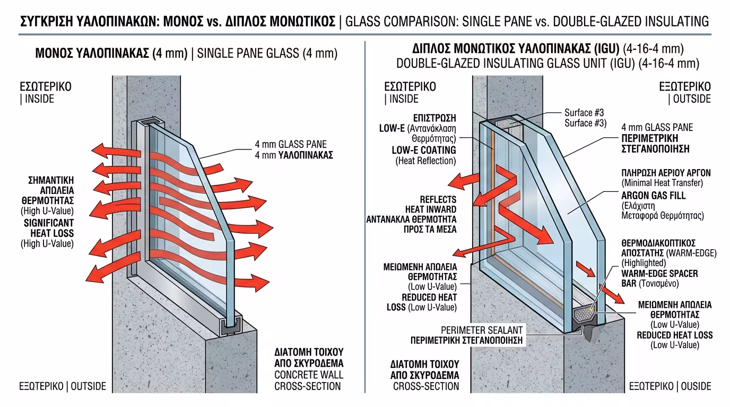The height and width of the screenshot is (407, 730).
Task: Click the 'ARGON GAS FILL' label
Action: point(653,196)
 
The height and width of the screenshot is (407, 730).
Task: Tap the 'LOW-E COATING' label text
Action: point(424,150)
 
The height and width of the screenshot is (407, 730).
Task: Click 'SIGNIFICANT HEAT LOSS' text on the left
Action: point(49,228)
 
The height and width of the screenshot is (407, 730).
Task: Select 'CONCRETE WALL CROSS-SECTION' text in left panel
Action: point(308,381)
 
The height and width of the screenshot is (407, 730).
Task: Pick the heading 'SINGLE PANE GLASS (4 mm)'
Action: point(267,54)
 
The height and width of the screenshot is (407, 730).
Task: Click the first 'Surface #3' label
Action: point(584,113)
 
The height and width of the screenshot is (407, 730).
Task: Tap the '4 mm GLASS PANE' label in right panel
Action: point(657,128)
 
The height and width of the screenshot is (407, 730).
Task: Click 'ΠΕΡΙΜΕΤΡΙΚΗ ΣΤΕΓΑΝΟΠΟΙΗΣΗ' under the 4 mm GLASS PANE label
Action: point(656,144)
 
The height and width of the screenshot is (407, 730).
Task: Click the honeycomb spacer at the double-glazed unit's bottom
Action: point(585,314)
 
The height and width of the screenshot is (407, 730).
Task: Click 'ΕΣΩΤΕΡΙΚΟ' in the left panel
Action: point(45,86)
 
